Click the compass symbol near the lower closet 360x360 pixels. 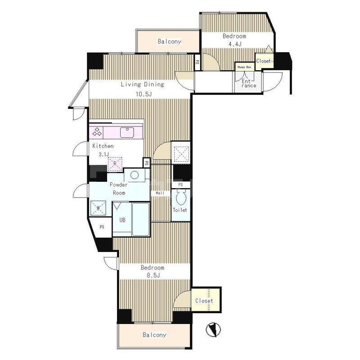click(213, 330)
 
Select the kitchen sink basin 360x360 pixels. click(127, 132)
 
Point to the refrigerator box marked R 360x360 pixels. click(115, 164)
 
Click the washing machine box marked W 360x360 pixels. click(98, 208)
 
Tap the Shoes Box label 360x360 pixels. click(244, 67)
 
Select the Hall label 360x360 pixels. click(160, 193)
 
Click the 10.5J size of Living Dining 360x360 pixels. click(144, 94)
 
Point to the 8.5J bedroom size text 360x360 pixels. click(153, 275)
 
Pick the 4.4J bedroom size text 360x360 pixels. click(235, 44)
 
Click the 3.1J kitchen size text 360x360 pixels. click(104, 154)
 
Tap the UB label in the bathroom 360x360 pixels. click(122, 220)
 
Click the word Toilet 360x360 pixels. click(180, 210)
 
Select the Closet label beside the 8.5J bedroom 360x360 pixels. click(204, 301)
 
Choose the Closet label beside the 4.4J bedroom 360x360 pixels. click(264, 61)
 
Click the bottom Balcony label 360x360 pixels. click(154, 335)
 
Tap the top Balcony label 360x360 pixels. click(170, 41)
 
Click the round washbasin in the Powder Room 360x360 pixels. click(135, 175)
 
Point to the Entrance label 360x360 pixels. click(248, 83)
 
